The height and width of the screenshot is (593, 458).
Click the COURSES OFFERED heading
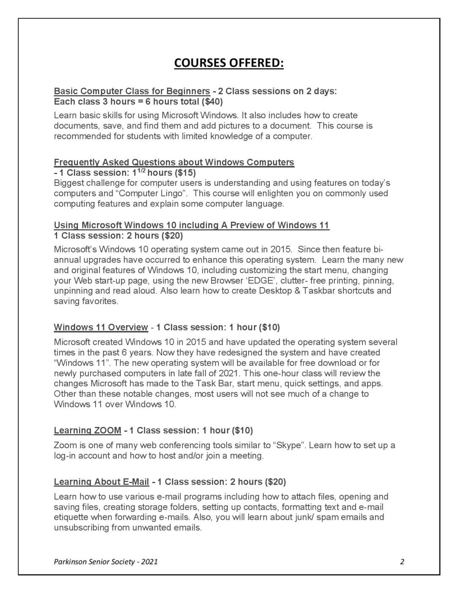(229, 63)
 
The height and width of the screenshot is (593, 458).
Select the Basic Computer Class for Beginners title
(132, 91)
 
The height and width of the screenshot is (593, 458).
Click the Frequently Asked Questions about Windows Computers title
(174, 162)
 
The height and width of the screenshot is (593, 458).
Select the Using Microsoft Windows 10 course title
(191, 225)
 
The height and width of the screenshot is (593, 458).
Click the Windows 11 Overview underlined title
(101, 327)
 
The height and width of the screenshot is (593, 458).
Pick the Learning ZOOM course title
(87, 430)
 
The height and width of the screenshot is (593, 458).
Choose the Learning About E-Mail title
(101, 482)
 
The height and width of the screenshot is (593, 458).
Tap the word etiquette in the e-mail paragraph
(71, 517)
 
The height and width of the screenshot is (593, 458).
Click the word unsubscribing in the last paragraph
(81, 528)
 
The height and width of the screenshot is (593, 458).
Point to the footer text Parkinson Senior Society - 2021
(106, 562)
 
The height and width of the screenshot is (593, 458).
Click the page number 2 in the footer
(402, 562)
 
